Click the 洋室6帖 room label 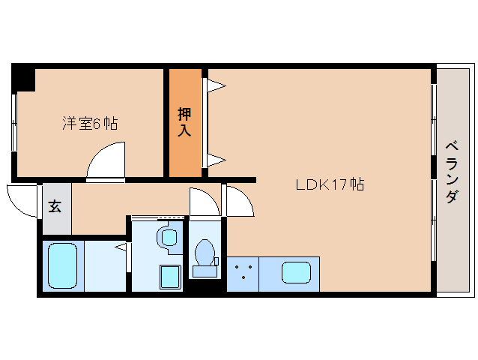(90, 124)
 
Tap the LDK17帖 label (330, 184)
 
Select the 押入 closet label (185, 121)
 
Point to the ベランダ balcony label (452, 172)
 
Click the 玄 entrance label (55, 206)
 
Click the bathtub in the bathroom (62, 265)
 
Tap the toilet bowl (205, 253)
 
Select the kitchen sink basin (296, 273)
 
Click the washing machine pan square (171, 277)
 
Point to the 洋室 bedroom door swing (106, 160)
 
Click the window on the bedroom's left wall (13, 123)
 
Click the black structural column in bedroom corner (23, 77)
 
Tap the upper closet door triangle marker (217, 85)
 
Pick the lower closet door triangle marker (217, 160)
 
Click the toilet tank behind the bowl (205, 271)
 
